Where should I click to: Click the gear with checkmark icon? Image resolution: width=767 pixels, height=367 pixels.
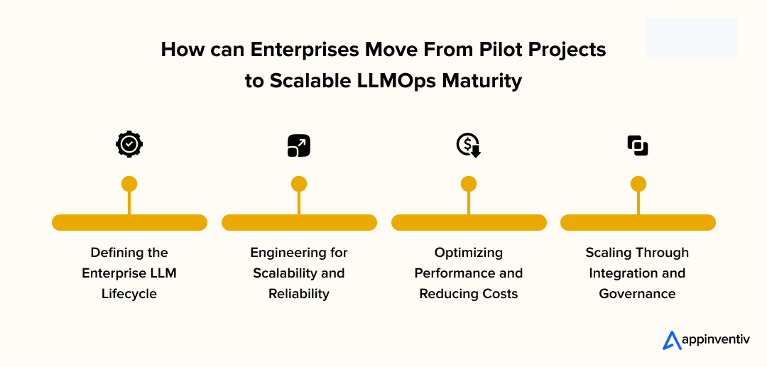point(129,145)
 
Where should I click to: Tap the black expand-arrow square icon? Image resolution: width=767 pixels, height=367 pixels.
point(298,145)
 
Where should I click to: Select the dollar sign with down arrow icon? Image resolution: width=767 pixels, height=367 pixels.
point(468,145)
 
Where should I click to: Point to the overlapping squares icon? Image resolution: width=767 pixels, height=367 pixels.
point(638,146)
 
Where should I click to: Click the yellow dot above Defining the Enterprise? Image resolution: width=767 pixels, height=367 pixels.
point(129,184)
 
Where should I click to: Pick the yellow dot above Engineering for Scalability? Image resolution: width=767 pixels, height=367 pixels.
point(299,184)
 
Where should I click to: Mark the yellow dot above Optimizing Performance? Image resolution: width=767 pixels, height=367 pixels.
point(468,184)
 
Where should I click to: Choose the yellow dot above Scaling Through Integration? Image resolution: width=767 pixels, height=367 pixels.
point(638,184)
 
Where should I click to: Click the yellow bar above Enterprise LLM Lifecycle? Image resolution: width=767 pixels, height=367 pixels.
point(129,222)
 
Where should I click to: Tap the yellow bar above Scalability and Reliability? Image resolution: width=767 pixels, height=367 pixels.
point(299,222)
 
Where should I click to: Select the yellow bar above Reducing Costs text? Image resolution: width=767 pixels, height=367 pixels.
point(469,222)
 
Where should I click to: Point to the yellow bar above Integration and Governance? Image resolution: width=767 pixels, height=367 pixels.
point(638,222)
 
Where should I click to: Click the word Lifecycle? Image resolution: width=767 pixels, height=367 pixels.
point(129,294)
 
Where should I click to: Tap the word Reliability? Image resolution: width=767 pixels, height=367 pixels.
point(299,294)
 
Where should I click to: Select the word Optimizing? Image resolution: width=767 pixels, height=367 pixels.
point(469,253)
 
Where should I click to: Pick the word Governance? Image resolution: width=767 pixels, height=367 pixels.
point(638,294)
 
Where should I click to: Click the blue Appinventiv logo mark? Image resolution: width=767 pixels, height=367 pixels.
point(672,341)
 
